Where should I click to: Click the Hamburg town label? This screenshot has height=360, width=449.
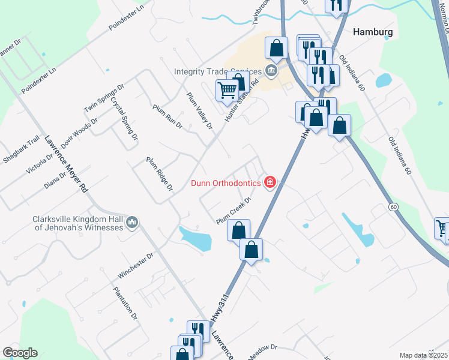[373, 32]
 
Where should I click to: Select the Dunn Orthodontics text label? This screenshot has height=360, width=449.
[226, 183]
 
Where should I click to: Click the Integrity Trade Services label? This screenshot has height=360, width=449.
[217, 71]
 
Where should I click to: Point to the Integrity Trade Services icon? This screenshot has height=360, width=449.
[271, 71]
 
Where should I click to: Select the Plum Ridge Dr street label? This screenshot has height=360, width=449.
[160, 175]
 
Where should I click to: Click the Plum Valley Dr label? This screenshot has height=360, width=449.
[200, 110]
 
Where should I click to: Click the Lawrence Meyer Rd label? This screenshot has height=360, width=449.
[66, 163]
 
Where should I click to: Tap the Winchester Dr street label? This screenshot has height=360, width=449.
[136, 266]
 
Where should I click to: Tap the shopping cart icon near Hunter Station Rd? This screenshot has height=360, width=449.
[228, 91]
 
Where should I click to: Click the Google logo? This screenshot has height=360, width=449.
[20, 353]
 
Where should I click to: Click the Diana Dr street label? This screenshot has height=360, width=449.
[55, 178]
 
